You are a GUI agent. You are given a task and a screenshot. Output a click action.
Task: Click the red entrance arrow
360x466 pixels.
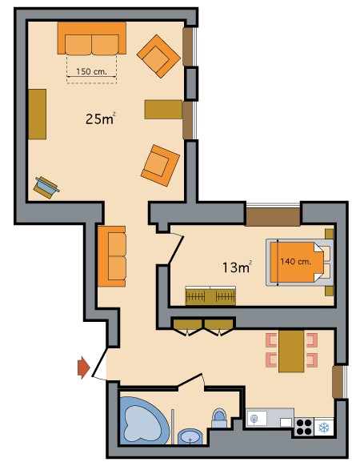coord(83,368)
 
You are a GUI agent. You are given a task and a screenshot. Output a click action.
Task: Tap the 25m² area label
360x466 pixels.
coord(100,119)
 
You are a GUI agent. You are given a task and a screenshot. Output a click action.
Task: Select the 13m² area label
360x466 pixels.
coord(238,267)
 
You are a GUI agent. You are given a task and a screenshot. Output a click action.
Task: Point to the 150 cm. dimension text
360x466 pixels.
coord(91,71)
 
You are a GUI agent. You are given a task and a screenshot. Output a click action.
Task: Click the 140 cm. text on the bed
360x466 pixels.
coord(295,262)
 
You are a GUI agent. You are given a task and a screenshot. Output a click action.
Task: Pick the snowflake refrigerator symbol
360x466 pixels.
coord(324,428)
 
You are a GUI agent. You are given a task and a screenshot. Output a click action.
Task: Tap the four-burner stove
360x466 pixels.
coord(304,427)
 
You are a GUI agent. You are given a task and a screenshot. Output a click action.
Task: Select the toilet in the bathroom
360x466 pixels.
coord(219,417)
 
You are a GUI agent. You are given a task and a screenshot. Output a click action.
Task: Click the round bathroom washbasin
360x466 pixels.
coord(190,436)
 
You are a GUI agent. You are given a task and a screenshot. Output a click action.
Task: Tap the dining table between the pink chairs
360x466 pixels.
coord(291,351)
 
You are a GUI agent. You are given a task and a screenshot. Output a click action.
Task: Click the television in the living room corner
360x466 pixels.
coord(46,187)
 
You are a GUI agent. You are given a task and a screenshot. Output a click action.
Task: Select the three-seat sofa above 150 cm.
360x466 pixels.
coord(92,38)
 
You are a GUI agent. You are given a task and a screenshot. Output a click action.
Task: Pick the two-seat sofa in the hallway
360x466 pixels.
coord(112,256)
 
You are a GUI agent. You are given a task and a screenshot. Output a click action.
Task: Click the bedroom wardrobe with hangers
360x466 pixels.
coord(210,295)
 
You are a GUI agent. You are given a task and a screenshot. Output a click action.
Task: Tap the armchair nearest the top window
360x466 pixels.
coord(158,56)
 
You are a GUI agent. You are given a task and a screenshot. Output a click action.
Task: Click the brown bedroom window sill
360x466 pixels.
coord(273,217)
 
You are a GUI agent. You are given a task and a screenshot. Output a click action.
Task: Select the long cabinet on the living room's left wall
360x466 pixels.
coord(38,114)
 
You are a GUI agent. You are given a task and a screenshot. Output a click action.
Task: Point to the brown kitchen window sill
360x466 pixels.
coord(338,382)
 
